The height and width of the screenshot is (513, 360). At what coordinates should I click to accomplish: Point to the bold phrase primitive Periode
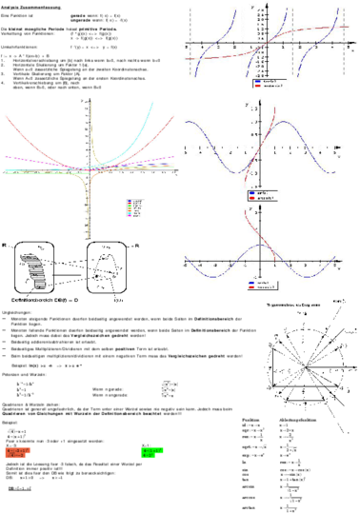click(x=118, y=30)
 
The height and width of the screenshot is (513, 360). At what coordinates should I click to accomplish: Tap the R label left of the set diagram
click(x=6, y=246)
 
